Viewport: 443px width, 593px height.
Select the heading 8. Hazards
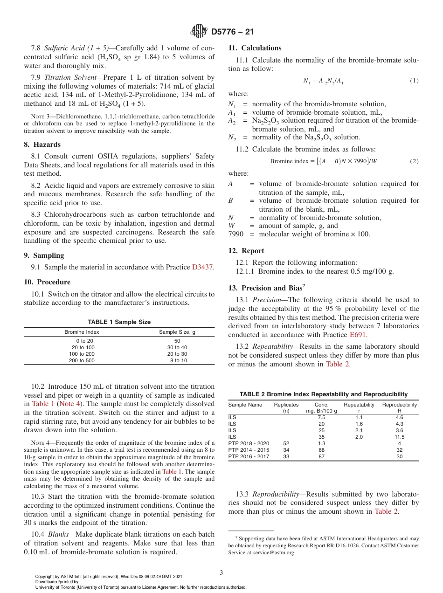pos(42,145)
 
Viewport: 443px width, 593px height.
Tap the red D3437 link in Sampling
pos(203,267)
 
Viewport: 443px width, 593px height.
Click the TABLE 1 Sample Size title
pos(119,322)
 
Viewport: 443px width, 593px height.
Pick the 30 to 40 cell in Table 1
pos(177,347)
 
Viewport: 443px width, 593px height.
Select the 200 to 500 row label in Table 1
pos(82,360)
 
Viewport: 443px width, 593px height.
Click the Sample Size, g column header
pos(177,332)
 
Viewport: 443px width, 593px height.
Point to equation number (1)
pos(414,81)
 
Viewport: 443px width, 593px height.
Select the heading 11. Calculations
pos(255,48)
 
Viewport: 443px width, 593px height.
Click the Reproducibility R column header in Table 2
pos(399,407)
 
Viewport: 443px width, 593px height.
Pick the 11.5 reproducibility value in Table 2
pos(399,437)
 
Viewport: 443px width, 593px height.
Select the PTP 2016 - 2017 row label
pos(249,456)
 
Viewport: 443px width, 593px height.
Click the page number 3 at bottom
pos(221,572)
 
